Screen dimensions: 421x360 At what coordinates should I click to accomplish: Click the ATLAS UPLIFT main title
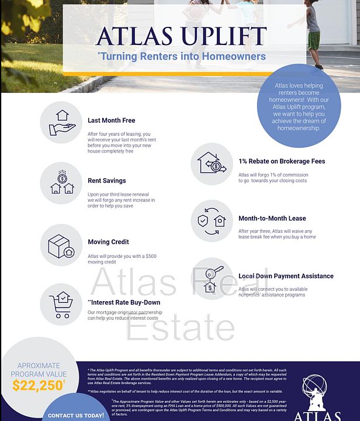click(181, 36)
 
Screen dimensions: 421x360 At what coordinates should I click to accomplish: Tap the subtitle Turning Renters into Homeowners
click(182, 57)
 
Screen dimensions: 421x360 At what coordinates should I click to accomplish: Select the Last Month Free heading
click(111, 120)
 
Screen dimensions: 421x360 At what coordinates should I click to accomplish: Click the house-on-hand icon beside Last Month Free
click(61, 122)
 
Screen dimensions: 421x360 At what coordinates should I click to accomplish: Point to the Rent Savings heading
click(106, 181)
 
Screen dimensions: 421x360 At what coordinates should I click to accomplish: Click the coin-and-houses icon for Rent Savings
click(61, 183)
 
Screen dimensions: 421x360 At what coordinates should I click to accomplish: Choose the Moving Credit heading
click(108, 241)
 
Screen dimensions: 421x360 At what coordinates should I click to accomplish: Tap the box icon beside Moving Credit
click(61, 244)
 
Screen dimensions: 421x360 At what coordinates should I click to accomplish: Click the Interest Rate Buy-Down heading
click(123, 302)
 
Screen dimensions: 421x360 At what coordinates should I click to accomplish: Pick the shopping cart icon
click(61, 305)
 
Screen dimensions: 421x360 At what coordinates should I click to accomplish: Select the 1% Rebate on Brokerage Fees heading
click(281, 161)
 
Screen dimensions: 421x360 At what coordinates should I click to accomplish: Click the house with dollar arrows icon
click(212, 164)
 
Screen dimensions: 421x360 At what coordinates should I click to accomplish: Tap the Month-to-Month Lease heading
click(272, 218)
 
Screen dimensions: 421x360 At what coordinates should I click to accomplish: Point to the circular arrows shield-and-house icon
click(212, 221)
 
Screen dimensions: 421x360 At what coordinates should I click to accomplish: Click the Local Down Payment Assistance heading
click(286, 276)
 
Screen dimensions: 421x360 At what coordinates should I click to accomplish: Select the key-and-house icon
click(212, 278)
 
